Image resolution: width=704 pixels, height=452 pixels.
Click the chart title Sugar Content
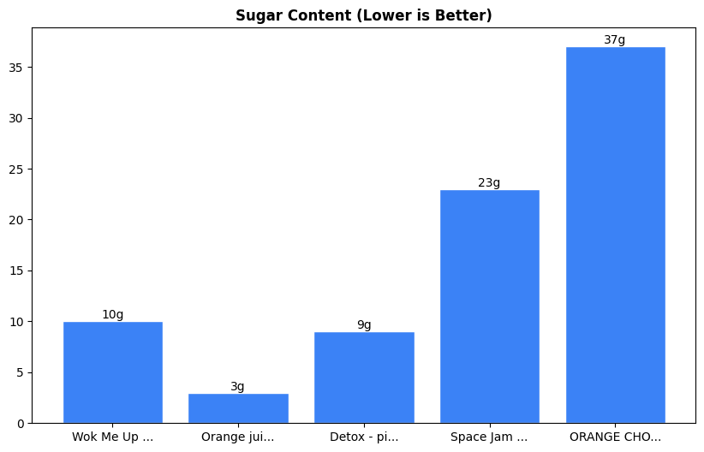(x=364, y=15)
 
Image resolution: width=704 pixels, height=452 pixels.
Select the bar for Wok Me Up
(x=113, y=372)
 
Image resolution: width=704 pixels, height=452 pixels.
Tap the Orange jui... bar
(x=238, y=408)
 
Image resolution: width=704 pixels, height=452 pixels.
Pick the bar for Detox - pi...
(x=364, y=378)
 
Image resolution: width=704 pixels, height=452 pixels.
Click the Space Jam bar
(x=489, y=306)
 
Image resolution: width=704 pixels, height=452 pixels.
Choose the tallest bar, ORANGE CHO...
(x=615, y=235)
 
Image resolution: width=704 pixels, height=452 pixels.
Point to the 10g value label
(x=113, y=314)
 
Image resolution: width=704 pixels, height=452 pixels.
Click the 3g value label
(x=238, y=386)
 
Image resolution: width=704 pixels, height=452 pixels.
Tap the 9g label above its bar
(x=364, y=324)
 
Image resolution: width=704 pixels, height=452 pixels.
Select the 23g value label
(x=489, y=182)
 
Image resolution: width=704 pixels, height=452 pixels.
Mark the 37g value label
(x=615, y=40)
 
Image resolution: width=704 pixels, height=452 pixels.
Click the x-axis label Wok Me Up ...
(x=113, y=437)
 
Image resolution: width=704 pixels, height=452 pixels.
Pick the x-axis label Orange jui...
(x=238, y=437)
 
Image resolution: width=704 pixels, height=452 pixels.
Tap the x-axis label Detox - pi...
(x=364, y=437)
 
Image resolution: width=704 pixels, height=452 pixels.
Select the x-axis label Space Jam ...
(x=489, y=437)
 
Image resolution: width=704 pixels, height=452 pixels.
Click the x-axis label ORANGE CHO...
(x=615, y=437)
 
